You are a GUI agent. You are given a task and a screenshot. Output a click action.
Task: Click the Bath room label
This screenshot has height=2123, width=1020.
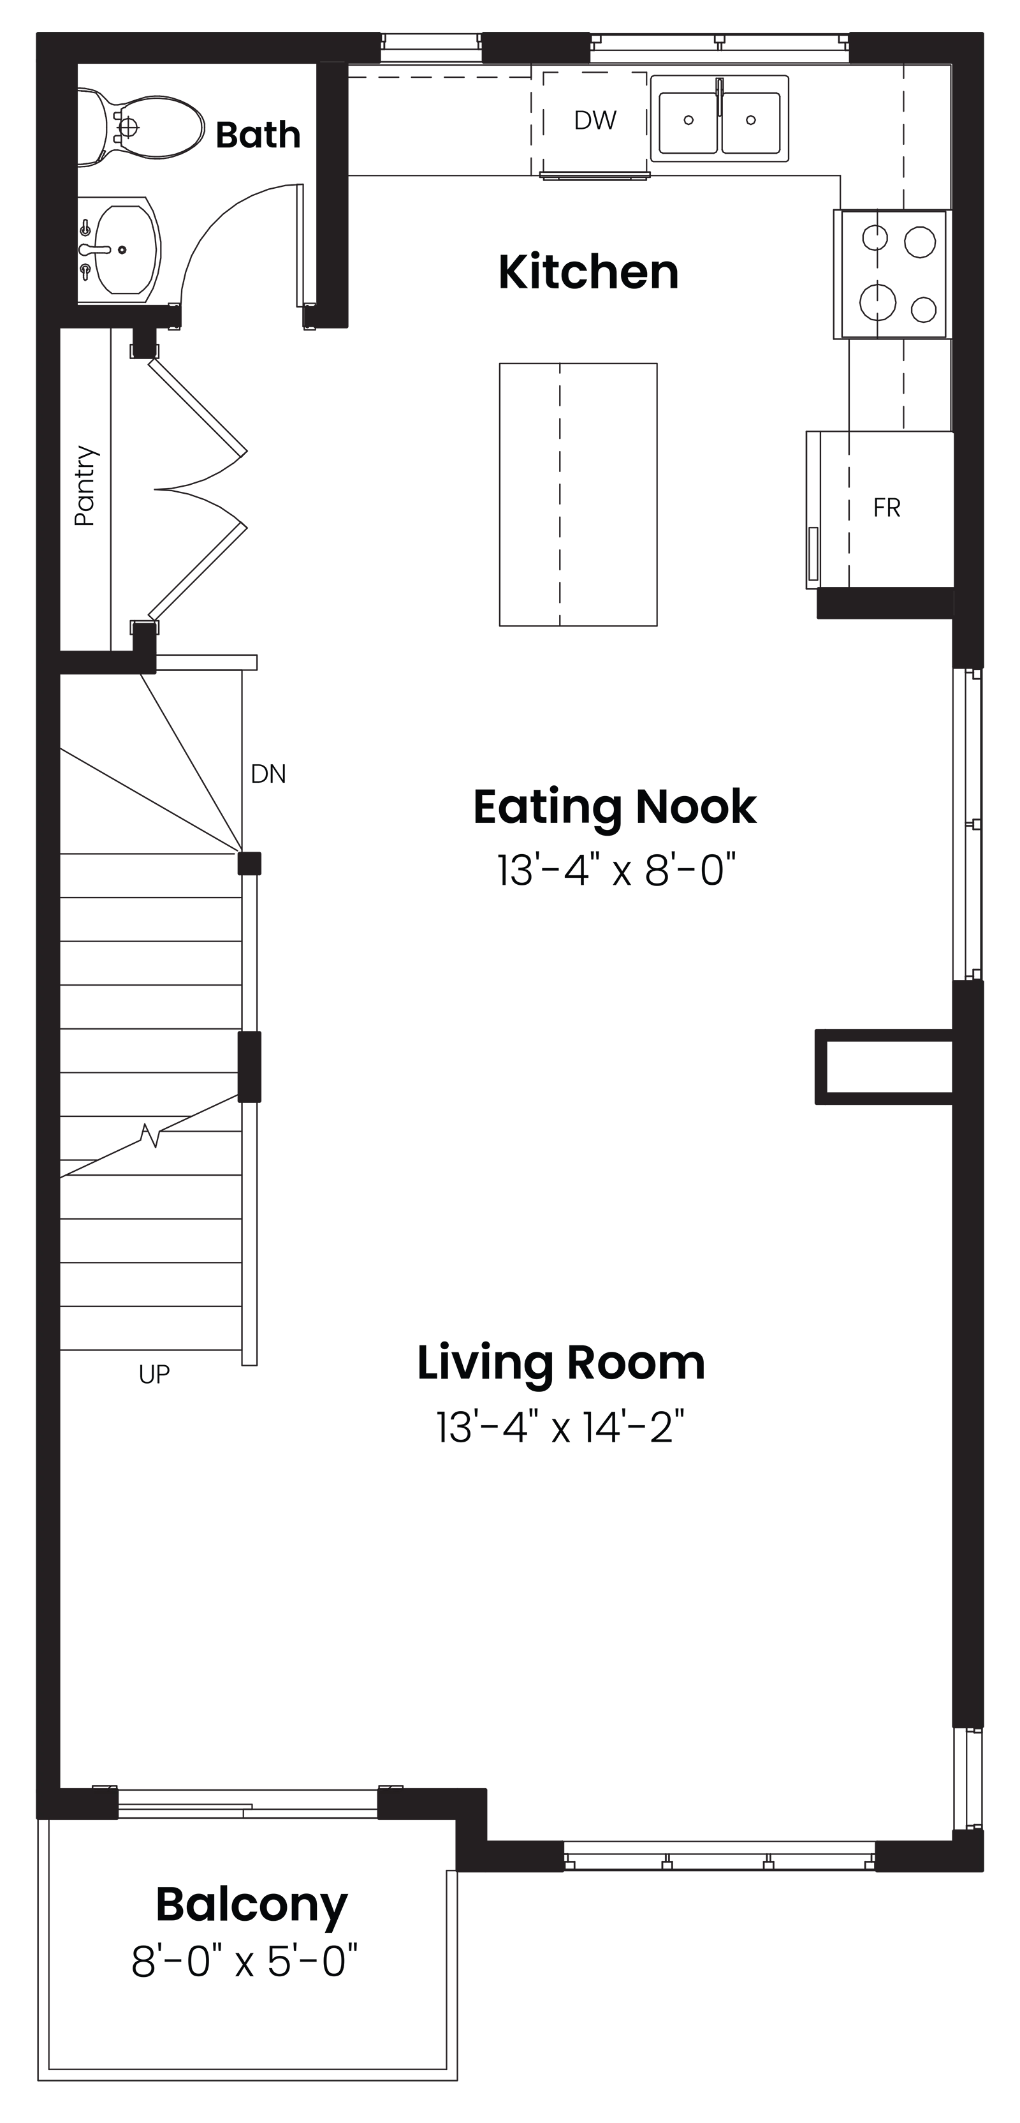258,135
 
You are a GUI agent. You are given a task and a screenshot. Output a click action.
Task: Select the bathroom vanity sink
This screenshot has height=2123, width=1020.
120,248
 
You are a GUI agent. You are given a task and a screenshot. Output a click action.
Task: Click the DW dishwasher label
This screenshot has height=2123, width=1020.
595,121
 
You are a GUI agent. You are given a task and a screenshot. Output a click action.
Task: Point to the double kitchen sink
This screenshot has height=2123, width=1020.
719,119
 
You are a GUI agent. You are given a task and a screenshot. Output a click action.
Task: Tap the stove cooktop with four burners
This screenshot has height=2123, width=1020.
893,274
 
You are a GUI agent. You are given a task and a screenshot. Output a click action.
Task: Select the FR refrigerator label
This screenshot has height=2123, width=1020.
887,508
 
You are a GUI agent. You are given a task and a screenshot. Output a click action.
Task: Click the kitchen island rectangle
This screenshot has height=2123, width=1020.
578,494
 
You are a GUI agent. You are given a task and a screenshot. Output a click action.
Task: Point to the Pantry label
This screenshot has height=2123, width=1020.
85,485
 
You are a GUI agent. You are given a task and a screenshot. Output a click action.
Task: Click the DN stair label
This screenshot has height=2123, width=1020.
268,774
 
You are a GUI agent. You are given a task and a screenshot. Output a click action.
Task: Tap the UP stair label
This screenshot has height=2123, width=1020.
154,1374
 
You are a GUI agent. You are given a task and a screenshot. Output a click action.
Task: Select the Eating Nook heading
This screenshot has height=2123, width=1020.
615,807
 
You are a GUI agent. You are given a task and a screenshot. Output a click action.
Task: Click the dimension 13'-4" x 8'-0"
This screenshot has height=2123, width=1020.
615,869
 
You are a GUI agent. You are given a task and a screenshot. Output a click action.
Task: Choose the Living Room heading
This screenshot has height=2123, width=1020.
561,1363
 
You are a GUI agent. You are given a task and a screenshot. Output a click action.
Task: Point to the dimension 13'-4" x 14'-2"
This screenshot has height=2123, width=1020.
560,1428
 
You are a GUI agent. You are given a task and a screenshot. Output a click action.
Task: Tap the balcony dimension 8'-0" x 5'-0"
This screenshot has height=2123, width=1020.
245,1962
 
